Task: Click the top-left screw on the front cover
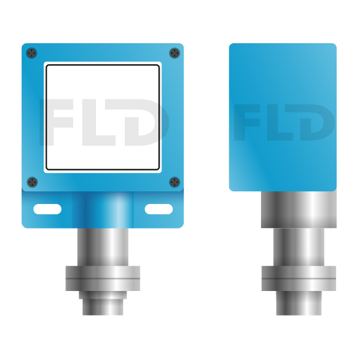pyautogui.click(x=32, y=53)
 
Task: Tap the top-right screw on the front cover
pyautogui.click(x=175, y=53)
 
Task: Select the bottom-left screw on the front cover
pyautogui.click(x=32, y=182)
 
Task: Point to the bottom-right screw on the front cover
pyautogui.click(x=175, y=182)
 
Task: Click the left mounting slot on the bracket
pyautogui.click(x=47, y=209)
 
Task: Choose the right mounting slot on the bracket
pyautogui.click(x=158, y=209)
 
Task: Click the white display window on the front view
pyautogui.click(x=103, y=118)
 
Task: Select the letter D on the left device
pyautogui.click(x=147, y=122)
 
